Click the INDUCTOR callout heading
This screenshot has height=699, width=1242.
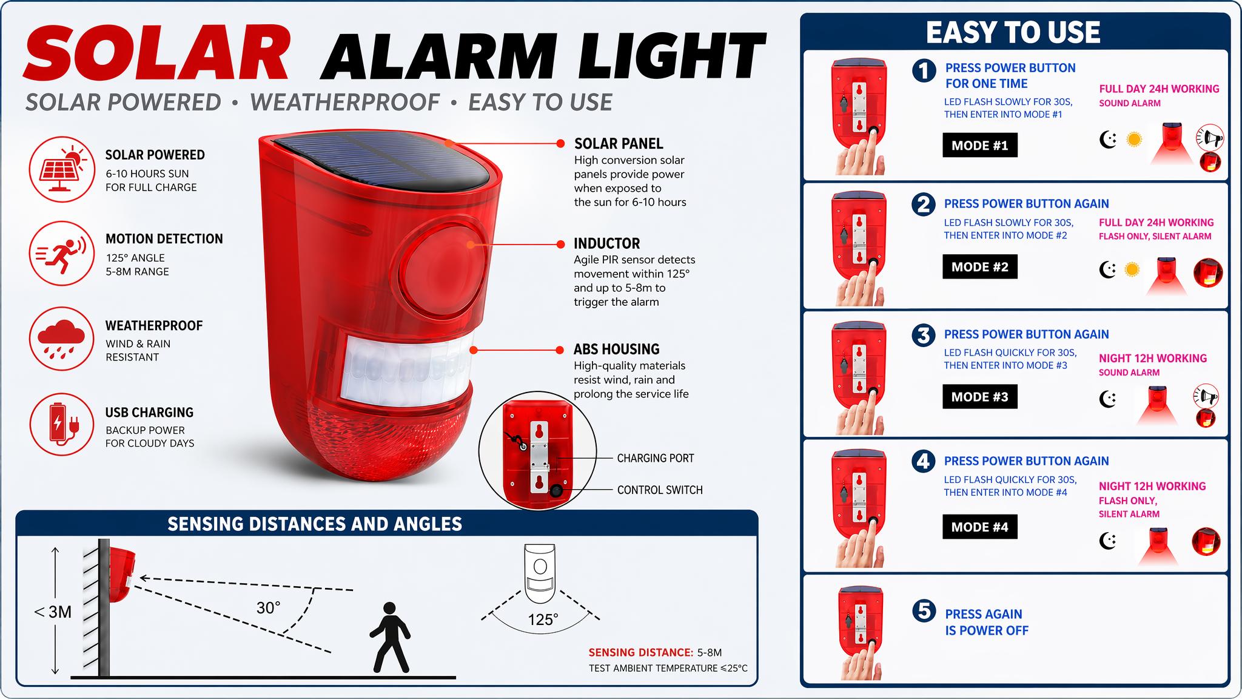607,243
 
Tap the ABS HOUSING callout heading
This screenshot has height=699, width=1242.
617,349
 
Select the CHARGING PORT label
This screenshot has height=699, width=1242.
656,458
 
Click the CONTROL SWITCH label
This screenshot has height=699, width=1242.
660,490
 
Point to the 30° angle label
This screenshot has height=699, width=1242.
268,607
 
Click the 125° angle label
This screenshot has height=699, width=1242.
543,620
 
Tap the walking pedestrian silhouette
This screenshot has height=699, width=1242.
389,637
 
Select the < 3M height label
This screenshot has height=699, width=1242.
53,612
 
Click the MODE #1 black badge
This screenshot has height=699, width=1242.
980,145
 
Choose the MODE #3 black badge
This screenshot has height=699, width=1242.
980,397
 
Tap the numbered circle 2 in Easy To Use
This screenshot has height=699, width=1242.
924,204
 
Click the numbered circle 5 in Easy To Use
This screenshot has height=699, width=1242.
924,611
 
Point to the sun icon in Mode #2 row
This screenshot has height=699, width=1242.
1132,269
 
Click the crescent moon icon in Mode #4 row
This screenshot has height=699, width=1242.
1108,540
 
